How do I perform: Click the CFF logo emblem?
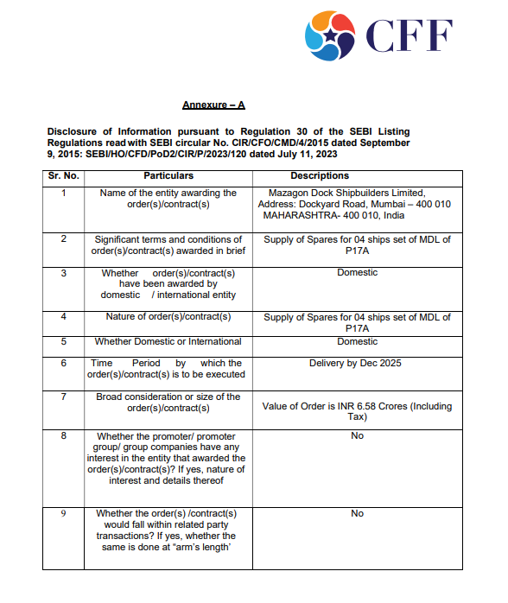[x=329, y=35]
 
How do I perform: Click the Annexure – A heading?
[x=213, y=105]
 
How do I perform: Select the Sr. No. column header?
[x=64, y=175]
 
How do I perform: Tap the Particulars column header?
[x=168, y=175]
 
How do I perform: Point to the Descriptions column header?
[x=357, y=175]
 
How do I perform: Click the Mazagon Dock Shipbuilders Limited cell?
[x=357, y=204]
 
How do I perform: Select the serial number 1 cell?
[x=64, y=193]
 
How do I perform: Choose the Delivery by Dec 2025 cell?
[x=357, y=363]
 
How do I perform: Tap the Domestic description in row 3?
[x=357, y=272]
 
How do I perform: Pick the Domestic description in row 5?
[x=357, y=341]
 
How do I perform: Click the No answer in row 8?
[x=357, y=436]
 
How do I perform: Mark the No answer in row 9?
[x=357, y=513]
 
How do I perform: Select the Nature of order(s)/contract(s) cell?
[x=168, y=317]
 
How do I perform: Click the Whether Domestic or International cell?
[x=168, y=341]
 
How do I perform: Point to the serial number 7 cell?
[x=64, y=397]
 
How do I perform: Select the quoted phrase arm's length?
[x=208, y=547]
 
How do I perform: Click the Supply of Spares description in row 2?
[x=357, y=244]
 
